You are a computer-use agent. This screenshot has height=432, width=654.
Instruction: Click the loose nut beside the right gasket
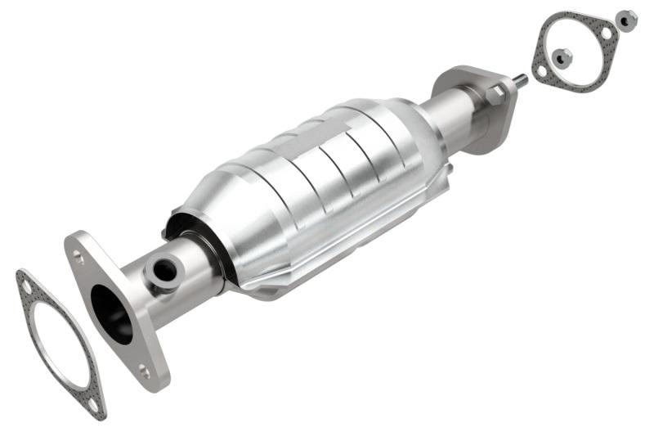pyautogui.click(x=626, y=20)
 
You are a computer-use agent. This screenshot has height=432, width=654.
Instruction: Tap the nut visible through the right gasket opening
pyautogui.click(x=562, y=57)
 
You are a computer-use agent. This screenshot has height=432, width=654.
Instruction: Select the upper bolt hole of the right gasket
pyautogui.click(x=606, y=33)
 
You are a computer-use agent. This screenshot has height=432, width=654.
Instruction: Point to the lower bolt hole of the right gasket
pyautogui.click(x=542, y=71)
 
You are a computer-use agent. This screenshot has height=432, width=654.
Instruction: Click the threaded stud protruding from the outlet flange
pyautogui.click(x=519, y=81)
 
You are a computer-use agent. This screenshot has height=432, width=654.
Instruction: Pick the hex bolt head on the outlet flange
pyautogui.click(x=495, y=95)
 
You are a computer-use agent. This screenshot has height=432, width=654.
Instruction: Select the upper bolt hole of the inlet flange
pyautogui.click(x=78, y=256)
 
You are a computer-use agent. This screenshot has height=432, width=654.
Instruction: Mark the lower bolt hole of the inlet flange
pyautogui.click(x=144, y=371)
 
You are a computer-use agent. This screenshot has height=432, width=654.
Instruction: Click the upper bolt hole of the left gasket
pyautogui.click(x=28, y=287)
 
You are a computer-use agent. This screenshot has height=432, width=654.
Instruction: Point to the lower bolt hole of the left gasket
pyautogui.click(x=93, y=403)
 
